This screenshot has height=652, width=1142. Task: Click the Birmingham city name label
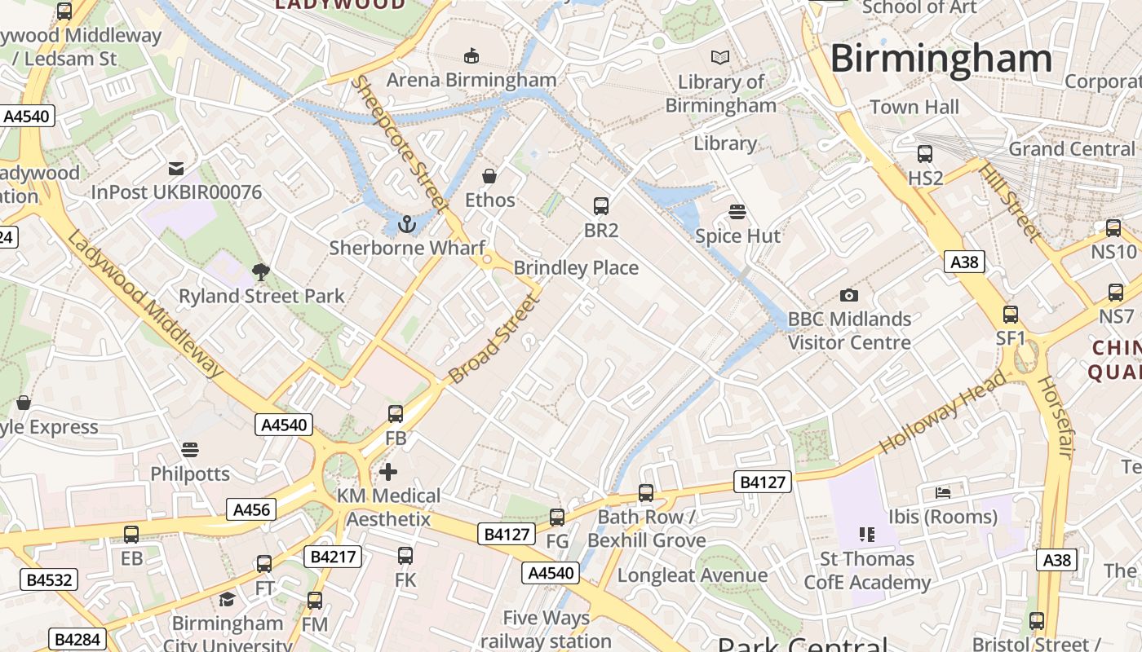(x=941, y=59)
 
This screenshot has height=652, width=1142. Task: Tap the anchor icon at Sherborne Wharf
(x=406, y=222)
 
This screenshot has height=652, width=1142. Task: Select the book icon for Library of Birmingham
(x=720, y=57)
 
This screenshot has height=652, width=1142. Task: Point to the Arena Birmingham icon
(x=471, y=55)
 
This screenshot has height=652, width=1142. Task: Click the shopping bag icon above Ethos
(x=489, y=175)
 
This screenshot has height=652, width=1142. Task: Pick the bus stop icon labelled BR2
(x=601, y=205)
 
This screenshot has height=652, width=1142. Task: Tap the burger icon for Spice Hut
(x=737, y=212)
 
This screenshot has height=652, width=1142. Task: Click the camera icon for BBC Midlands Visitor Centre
(x=848, y=295)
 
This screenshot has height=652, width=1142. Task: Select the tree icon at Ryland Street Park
(x=261, y=271)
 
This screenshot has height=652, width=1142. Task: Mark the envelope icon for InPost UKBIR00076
(x=176, y=169)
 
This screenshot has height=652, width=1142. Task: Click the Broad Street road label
(x=494, y=339)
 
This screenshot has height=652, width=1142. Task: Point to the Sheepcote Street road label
(x=400, y=143)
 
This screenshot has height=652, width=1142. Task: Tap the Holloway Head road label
(x=943, y=412)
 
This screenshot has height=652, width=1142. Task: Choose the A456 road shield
(x=251, y=510)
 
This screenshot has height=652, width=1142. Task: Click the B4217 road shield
(x=333, y=557)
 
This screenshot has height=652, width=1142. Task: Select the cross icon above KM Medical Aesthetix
(x=388, y=471)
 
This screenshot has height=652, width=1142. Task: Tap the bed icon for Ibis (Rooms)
(x=943, y=493)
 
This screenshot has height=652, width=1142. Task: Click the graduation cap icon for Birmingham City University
(x=227, y=600)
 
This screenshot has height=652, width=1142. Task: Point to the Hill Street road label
(x=1010, y=202)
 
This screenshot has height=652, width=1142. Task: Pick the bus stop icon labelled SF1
(x=1011, y=314)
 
